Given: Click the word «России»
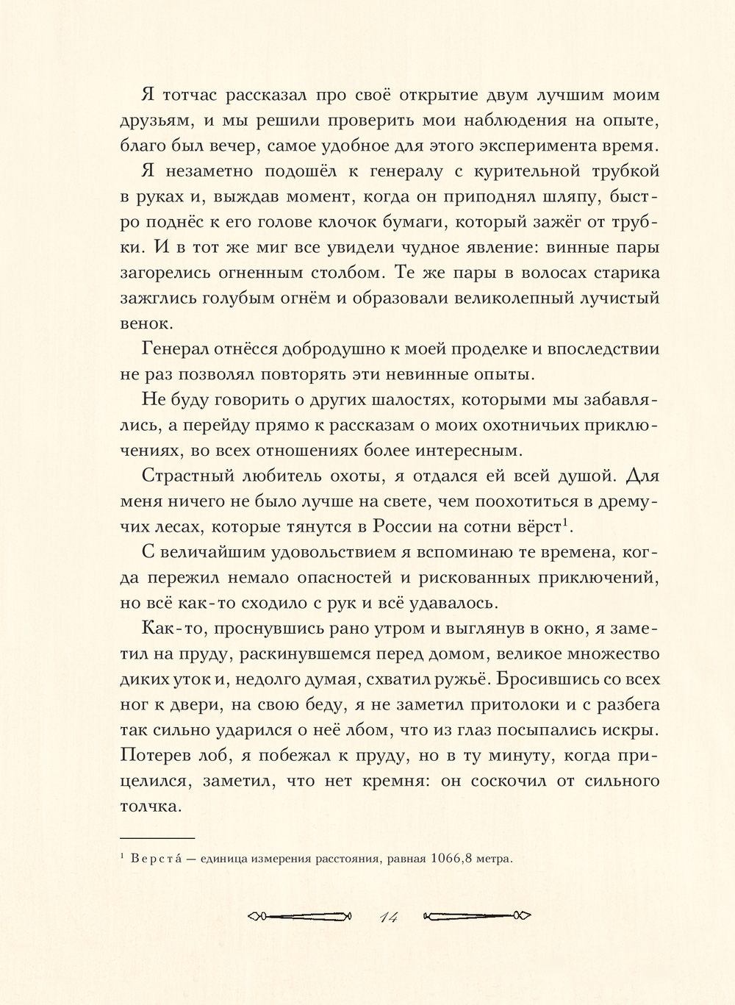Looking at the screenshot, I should (x=406, y=527).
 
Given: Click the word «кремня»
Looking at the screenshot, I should (x=390, y=781).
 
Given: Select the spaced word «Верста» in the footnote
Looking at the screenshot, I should (x=158, y=859).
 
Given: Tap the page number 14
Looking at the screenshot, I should (x=389, y=916).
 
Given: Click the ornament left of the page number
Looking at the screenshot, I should (x=301, y=916).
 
